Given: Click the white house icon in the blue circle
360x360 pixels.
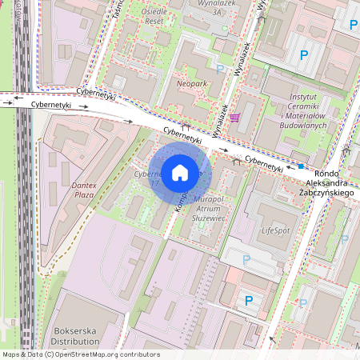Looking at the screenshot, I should [180, 171].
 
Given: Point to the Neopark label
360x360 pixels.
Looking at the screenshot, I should [194, 82].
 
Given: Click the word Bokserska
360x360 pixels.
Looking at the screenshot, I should [74, 329].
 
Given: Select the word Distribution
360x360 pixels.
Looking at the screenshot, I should [74, 341].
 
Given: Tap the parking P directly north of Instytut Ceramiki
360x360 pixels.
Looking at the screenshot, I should [303, 55].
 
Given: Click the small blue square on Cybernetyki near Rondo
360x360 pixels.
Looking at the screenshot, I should [301, 166].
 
